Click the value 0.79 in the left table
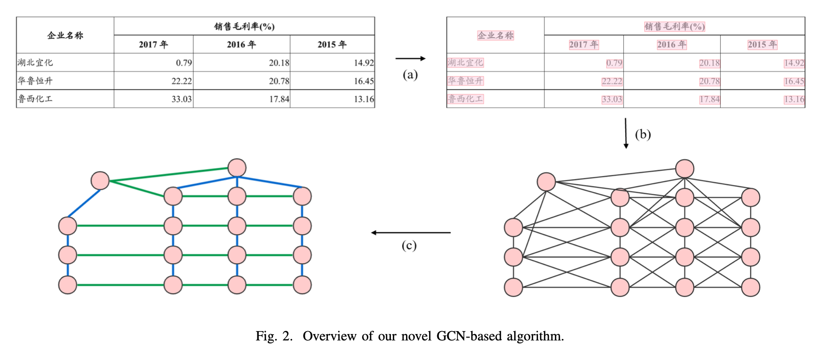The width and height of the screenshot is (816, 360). tap(184, 63)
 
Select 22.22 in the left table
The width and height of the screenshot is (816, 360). tap(181, 81)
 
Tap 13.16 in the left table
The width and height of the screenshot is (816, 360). tap(364, 99)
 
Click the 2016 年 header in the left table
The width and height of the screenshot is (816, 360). tap(241, 45)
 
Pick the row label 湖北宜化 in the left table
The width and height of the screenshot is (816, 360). tap(35, 63)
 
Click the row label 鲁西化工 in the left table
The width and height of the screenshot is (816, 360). tap(35, 99)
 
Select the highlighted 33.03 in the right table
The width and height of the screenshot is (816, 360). tap(612, 99)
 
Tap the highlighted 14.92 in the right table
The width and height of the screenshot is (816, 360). tap(794, 63)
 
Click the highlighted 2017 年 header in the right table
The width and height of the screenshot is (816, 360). tap(584, 45)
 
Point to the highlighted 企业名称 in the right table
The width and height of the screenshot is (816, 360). tap(496, 35)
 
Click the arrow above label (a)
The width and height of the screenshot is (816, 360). tap(410, 59)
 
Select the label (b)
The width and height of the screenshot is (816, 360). tap(643, 135)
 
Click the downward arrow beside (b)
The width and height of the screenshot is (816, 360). tap(626, 133)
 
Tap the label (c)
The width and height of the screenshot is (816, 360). tap(409, 245)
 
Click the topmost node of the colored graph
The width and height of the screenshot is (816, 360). tap(237, 168)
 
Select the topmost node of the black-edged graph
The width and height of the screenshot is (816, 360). tap(684, 169)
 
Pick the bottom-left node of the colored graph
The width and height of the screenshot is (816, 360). tap(68, 285)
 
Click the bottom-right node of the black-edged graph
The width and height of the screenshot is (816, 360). tap(750, 287)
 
